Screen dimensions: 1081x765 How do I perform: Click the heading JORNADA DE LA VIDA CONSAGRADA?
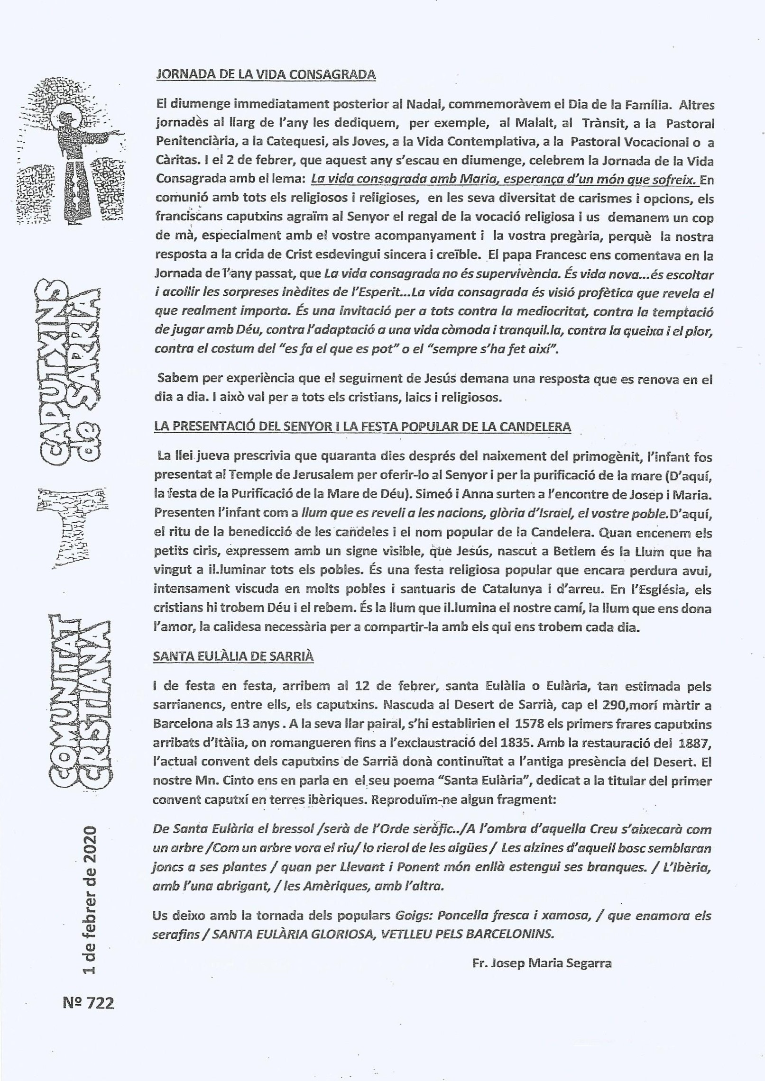[x=266, y=74]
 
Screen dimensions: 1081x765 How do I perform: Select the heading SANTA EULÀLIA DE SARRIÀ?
[x=233, y=656]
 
